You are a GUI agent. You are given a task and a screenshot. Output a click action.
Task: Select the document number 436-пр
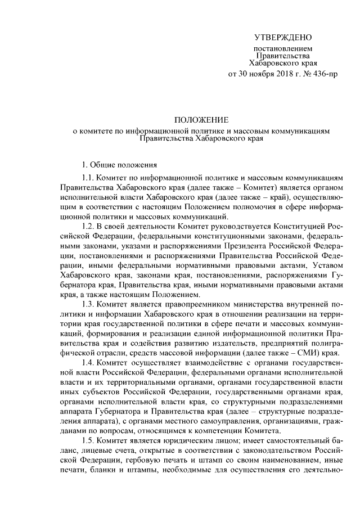[x=326, y=74]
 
